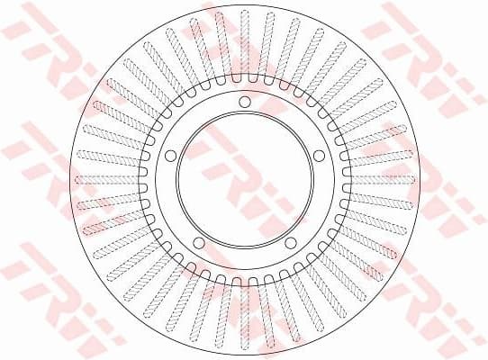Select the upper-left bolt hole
pyautogui.click(x=170, y=157)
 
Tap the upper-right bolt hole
pyautogui.click(x=318, y=157)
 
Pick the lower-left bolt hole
pyautogui.click(x=199, y=243)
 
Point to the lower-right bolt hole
pyautogui.click(x=289, y=243)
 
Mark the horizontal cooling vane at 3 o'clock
pyautogui.click(x=382, y=179)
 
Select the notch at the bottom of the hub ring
pyautogui.click(x=244, y=280)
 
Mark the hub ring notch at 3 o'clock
pyautogui.click(x=344, y=180)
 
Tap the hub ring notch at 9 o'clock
pyautogui.click(x=144, y=180)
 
